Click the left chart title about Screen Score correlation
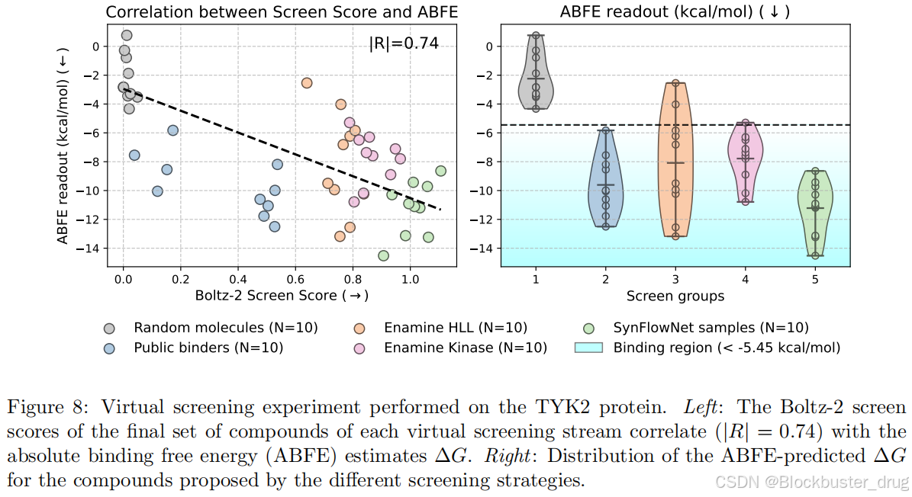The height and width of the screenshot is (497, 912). tap(282, 12)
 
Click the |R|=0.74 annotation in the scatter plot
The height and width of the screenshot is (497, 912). tap(404, 43)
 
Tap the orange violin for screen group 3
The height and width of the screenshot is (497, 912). tap(675, 152)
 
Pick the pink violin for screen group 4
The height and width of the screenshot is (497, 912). tap(745, 160)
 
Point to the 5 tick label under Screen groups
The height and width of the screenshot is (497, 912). tap(815, 279)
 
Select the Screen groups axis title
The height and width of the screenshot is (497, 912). tap(675, 296)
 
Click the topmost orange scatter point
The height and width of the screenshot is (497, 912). tap(307, 82)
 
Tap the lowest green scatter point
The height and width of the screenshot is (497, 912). tap(383, 255)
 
